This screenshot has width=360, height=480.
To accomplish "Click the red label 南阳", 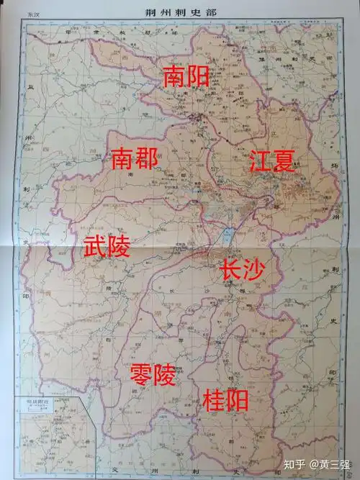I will [x=186, y=77].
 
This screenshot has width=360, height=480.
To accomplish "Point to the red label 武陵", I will [x=107, y=247].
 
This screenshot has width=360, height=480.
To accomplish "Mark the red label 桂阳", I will [x=226, y=399].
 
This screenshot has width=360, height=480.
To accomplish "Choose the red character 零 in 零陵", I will [x=140, y=373].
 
